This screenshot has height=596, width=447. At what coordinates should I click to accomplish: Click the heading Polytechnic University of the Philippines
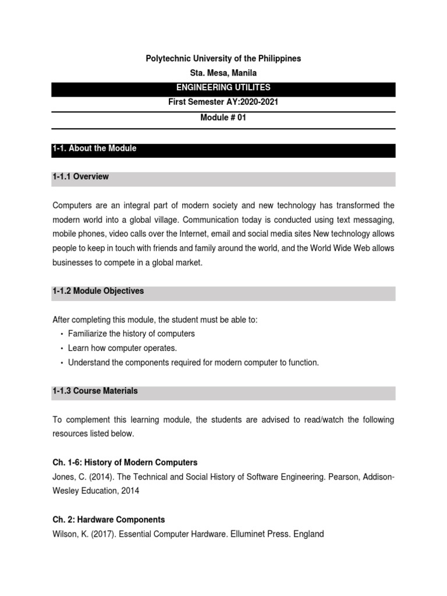223,59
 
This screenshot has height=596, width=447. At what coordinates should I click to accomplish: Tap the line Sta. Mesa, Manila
223,73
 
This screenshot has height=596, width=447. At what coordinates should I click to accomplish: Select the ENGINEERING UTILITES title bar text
223,88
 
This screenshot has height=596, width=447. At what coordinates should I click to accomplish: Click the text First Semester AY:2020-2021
223,102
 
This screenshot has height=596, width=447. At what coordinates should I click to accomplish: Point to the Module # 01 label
223,117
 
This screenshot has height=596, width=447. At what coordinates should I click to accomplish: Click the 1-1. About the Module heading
94,148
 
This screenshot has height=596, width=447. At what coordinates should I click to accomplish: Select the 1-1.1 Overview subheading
81,176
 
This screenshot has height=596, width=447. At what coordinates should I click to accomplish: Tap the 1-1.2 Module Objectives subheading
98,291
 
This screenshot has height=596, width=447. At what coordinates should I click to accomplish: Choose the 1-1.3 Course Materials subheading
95,391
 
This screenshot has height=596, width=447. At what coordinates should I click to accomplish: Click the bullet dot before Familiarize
61,335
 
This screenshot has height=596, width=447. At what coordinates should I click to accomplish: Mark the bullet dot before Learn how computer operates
61,349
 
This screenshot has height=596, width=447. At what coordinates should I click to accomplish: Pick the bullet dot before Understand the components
61,363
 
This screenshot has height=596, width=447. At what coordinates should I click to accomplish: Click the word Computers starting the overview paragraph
72,205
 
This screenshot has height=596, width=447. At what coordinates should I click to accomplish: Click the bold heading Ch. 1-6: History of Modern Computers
125,463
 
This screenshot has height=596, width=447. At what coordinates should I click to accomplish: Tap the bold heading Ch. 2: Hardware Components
109,520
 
